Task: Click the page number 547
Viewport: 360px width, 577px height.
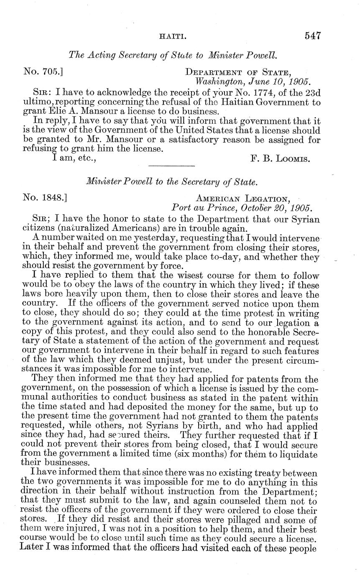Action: pyautogui.click(x=312, y=36)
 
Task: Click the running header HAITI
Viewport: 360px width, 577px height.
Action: pyautogui.click(x=171, y=37)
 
